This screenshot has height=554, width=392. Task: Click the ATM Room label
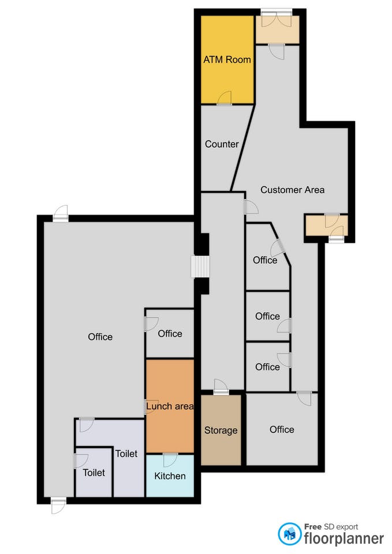tap(227, 59)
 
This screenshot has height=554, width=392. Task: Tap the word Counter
tap(222, 144)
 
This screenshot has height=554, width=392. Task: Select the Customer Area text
tap(292, 190)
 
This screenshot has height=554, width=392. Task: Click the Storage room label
tap(221, 431)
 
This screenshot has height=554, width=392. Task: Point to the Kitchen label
tap(170, 476)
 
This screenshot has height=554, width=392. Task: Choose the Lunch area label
tap(170, 406)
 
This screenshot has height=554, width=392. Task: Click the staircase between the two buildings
tap(200, 267)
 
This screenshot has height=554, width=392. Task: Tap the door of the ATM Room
tap(224, 98)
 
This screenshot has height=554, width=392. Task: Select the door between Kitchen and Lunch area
tap(170, 459)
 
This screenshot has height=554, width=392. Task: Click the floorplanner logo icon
tap(289, 534)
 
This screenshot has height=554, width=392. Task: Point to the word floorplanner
tap(344, 538)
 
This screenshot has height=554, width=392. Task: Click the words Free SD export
tap(331, 527)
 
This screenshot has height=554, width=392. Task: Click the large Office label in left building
tap(100, 336)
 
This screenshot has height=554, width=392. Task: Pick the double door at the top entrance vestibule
tap(277, 20)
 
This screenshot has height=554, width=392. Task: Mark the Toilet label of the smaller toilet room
tap(94, 473)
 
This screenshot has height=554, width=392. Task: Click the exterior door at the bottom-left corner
tap(58, 506)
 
